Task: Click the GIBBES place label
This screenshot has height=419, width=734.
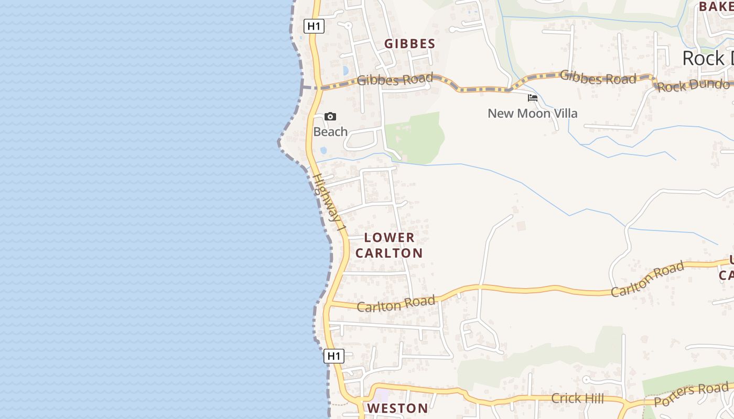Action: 410,44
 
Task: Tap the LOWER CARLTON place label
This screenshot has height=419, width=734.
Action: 389,245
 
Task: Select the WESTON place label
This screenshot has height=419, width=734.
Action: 397,409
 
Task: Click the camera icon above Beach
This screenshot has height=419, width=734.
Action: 330,116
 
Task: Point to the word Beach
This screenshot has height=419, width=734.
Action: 330,132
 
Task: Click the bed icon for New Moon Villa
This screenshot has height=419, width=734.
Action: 533,98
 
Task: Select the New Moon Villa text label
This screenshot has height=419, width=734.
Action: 533,114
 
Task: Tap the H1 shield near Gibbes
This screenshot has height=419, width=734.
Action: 314,26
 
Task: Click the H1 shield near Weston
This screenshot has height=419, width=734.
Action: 333,356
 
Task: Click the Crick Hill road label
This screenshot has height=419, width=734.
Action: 577,399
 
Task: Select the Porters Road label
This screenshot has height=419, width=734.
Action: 691,394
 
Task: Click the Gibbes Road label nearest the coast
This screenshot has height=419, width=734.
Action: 395,80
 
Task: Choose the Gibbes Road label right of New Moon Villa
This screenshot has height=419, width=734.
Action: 598,78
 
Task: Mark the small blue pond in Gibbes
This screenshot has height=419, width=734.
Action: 345,70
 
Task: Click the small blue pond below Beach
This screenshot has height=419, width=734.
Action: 323,150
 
